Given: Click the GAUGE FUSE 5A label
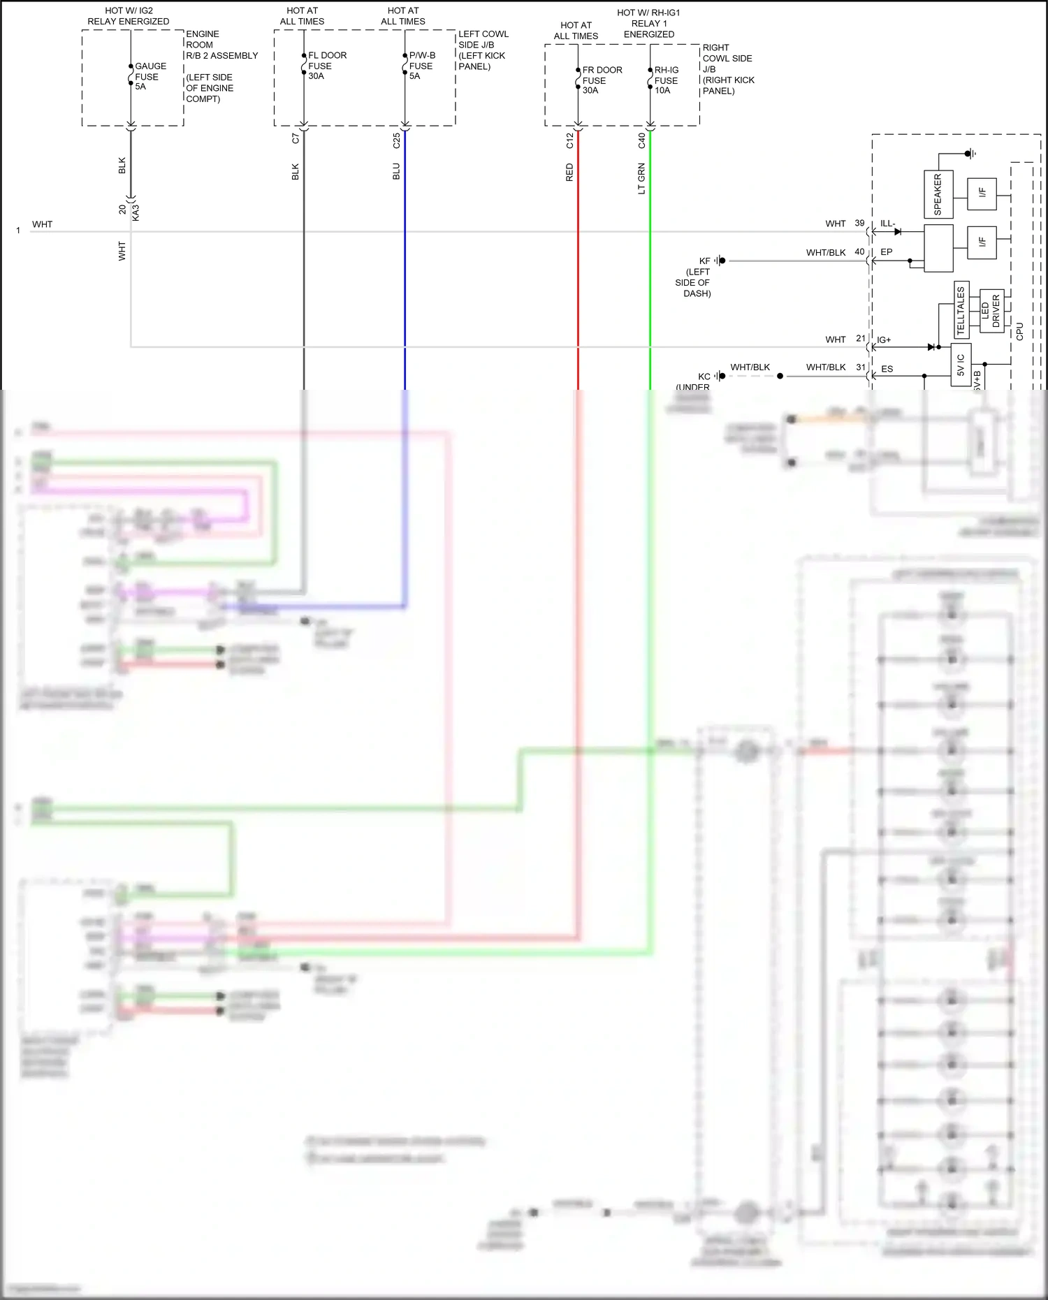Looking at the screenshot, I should coord(150,76).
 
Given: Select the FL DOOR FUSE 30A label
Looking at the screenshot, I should coord(326,66).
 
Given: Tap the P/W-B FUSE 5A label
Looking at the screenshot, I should coord(421,66).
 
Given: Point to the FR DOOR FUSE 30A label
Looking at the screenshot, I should coord(601,80).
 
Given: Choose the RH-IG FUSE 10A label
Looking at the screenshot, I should coord(666,80).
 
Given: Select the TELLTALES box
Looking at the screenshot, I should coord(961,309).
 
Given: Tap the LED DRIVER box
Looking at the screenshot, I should coord(991,311).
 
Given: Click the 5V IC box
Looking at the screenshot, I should coord(961,365).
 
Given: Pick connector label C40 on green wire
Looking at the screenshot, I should coord(641,141).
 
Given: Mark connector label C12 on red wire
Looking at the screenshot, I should coord(569,141).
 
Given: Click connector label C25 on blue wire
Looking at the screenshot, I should coord(396,141).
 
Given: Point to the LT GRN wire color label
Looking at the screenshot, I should coord(641,179).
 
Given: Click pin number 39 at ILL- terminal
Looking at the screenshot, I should coord(859,224).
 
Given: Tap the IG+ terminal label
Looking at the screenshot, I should coord(884,340).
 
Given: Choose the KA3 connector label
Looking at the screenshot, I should coord(136,212).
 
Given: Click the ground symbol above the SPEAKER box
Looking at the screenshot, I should coord(970,154).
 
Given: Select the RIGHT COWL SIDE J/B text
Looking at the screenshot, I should coord(727,59).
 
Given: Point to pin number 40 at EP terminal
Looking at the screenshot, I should coord(859,252).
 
